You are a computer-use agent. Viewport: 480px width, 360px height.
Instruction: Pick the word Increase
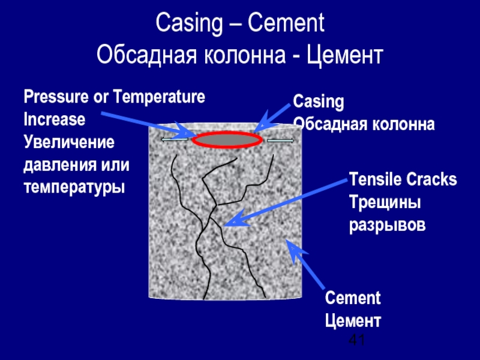tap(54, 119)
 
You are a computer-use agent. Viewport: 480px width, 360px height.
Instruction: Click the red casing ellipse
tap(227, 140)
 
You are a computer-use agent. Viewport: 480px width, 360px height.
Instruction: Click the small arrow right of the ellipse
tap(280, 140)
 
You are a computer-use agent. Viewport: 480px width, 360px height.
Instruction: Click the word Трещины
tap(385, 202)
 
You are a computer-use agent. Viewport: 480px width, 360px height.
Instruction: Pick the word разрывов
tap(387, 225)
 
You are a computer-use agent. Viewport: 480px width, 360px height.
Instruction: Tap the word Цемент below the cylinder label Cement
tap(353, 320)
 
